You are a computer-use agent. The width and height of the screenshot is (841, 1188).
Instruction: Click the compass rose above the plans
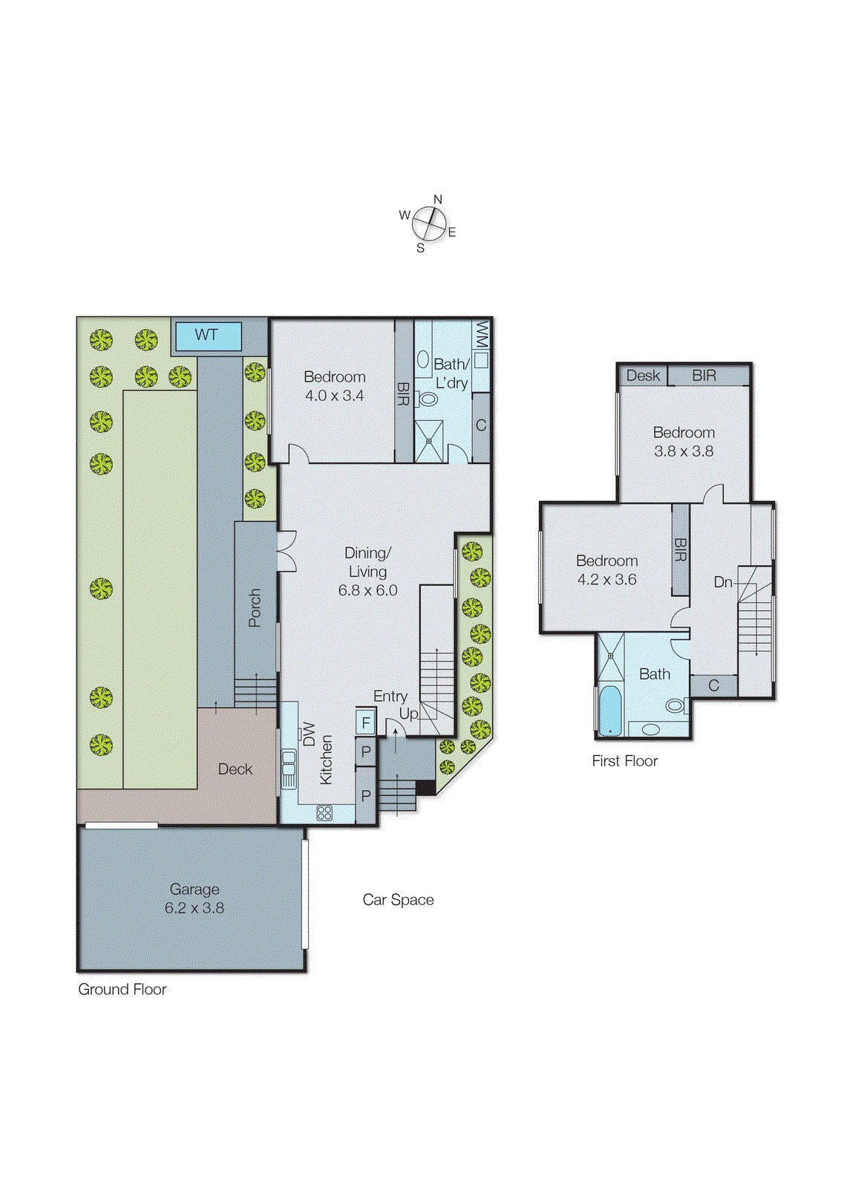point(429,222)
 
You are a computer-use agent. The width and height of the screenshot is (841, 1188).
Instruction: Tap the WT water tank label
point(206,336)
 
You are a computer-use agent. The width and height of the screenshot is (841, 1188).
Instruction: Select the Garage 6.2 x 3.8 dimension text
point(194,908)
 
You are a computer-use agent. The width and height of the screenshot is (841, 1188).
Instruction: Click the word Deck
point(235,769)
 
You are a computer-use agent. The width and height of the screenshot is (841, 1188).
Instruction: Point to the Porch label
point(255,607)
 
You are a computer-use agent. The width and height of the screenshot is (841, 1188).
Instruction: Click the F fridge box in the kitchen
point(366,722)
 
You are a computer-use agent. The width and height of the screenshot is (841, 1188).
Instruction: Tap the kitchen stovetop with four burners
point(324,813)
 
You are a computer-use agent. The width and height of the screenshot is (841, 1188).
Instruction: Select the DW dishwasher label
point(309,734)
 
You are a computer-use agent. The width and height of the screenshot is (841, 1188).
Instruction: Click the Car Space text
point(398,900)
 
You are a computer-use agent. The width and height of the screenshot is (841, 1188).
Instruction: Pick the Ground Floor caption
point(122,989)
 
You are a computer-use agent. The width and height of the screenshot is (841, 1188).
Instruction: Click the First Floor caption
point(624,761)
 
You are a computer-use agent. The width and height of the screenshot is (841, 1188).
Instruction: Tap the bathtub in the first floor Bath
point(609,711)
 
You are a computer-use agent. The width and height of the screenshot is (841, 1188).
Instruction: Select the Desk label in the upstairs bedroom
point(643,376)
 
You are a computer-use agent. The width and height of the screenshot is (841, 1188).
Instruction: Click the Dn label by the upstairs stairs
point(723,582)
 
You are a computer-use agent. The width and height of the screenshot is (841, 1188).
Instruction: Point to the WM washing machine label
point(481,334)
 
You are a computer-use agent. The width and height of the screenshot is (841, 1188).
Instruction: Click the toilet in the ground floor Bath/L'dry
point(428,399)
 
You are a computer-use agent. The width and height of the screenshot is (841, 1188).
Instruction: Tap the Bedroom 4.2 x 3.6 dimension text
point(606,580)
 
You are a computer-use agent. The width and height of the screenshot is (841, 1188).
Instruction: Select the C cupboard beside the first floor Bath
point(713,685)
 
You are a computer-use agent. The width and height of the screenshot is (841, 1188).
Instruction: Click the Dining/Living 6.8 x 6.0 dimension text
point(367,590)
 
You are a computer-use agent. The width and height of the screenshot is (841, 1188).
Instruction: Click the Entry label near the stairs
point(390,696)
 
